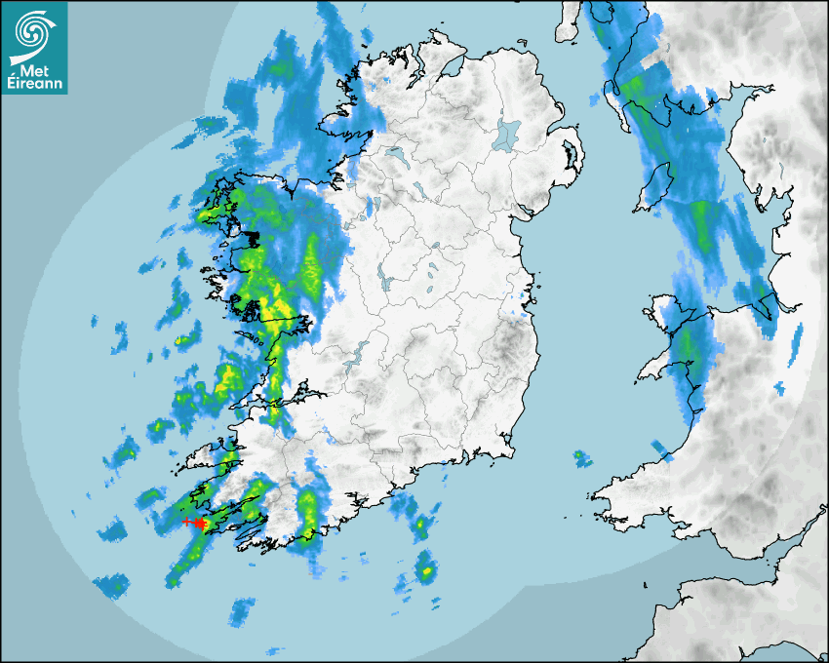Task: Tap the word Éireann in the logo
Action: [37, 85]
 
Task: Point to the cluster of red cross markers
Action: [195, 523]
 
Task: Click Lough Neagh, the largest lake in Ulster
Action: [506, 134]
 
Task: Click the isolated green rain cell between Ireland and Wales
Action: [581, 455]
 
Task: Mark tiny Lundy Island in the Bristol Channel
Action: [647, 584]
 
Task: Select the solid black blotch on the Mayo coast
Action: [252, 237]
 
